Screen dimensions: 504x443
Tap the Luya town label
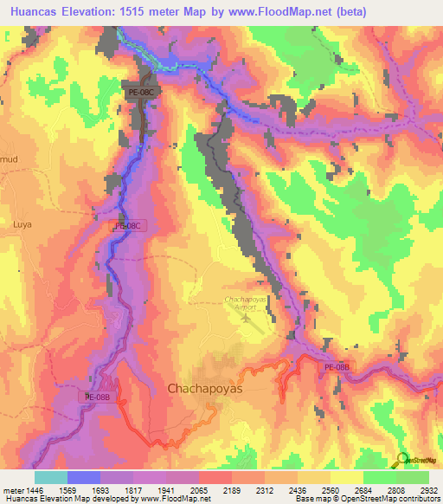point(22,223)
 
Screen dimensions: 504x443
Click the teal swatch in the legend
point(50,477)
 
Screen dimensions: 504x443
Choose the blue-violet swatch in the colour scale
point(83,477)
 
